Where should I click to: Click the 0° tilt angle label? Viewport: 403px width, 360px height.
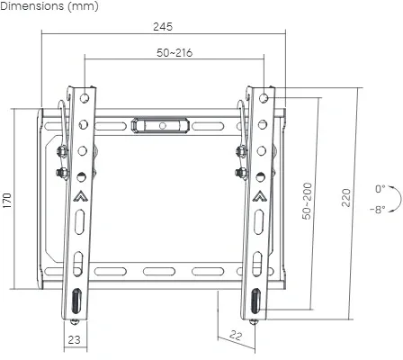[381, 189]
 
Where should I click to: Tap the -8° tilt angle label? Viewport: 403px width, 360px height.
[377, 209]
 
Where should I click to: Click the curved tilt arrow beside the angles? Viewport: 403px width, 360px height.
[392, 199]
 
